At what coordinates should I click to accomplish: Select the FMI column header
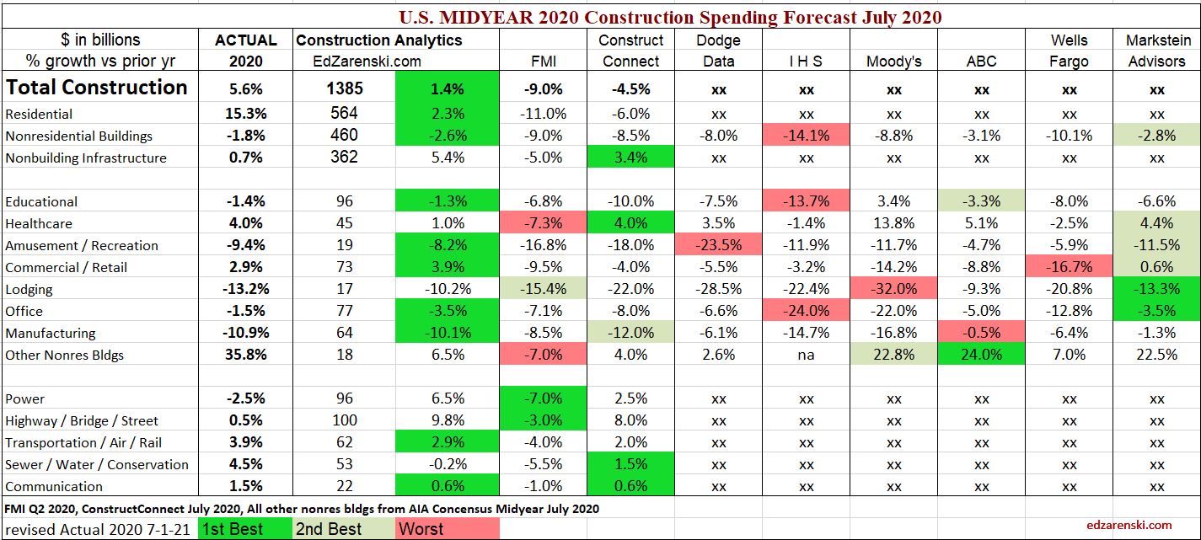coord(543,61)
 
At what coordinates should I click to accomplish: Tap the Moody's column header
coord(893,61)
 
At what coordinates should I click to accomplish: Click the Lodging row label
coord(29,289)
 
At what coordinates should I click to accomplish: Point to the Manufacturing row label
coord(51,333)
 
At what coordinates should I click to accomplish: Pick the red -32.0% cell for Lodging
coord(893,289)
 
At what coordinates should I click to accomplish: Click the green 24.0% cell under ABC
coord(981,355)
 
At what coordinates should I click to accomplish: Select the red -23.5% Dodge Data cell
coord(718,245)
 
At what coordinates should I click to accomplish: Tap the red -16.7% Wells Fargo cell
coord(1069,267)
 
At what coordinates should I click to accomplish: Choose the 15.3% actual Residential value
coord(245,114)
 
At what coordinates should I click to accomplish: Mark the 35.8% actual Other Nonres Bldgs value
coord(245,355)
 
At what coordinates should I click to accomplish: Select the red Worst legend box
coord(448,529)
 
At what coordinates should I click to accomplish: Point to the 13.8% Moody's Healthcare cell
coord(893,223)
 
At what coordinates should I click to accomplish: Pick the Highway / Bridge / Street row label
coord(81,420)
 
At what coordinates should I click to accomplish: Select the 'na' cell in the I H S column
coord(806,355)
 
